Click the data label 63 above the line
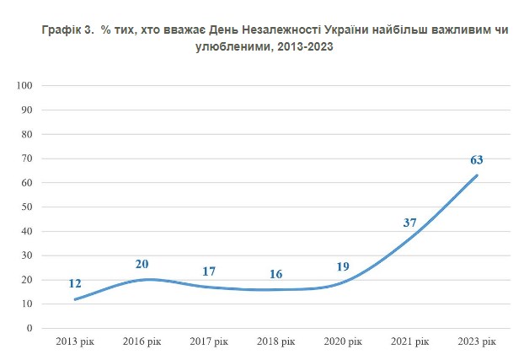(476, 159)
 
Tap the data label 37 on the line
(410, 223)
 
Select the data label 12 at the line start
(76, 283)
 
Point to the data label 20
(142, 264)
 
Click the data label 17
(210, 271)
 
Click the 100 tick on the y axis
(24, 86)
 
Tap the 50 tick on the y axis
(26, 207)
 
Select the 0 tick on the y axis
(29, 328)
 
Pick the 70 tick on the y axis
(26, 159)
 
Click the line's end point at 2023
(477, 175)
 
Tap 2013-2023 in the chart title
(305, 46)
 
